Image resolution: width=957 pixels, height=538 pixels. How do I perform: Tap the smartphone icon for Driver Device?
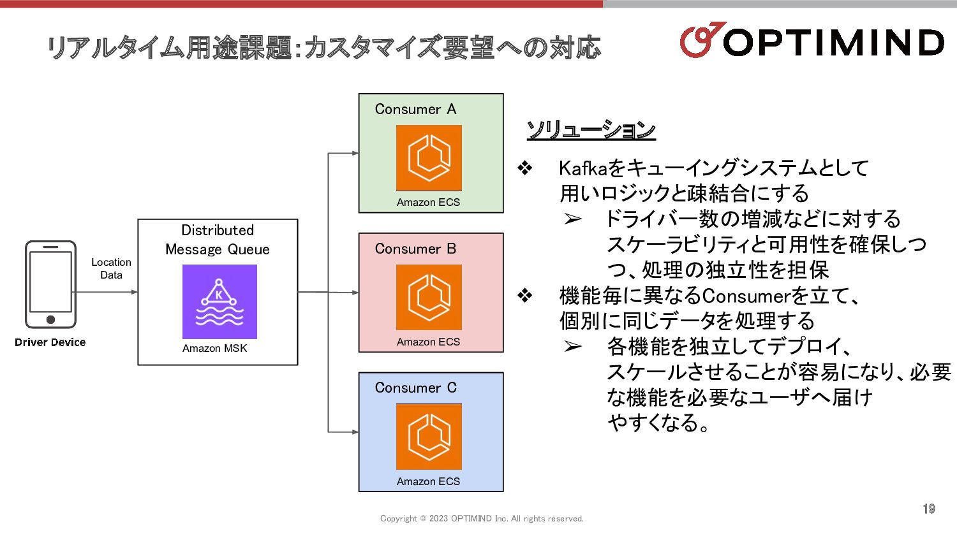[50, 284]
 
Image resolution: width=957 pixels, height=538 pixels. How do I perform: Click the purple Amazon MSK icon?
[219, 302]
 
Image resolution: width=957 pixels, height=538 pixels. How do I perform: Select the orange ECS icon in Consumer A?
[429, 157]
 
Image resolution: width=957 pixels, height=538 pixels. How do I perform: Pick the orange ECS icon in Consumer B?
[429, 297]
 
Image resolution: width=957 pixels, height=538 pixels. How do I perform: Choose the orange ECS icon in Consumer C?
[429, 437]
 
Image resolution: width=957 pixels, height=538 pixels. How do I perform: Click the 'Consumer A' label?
[415, 110]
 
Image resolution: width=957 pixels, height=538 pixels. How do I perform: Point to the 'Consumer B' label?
[415, 249]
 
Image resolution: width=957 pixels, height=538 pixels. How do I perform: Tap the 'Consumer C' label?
[415, 388]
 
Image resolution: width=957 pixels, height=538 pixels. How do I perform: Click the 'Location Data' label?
[111, 268]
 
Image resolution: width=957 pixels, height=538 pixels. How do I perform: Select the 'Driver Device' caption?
[50, 342]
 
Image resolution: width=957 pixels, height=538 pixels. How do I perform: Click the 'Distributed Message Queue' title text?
[218, 240]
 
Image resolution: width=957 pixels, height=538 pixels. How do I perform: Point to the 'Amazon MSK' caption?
[214, 348]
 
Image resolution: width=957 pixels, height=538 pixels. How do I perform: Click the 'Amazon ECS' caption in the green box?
[428, 202]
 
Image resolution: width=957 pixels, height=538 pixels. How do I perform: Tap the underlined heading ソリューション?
[591, 130]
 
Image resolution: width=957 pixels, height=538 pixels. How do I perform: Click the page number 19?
[929, 509]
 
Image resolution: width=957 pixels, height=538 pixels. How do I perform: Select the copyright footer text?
[482, 519]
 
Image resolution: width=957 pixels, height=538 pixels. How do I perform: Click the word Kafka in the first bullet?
[582, 168]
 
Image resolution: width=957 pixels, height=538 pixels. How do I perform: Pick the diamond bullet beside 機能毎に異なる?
[524, 296]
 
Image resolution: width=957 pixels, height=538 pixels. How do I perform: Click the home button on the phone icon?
[50, 319]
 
